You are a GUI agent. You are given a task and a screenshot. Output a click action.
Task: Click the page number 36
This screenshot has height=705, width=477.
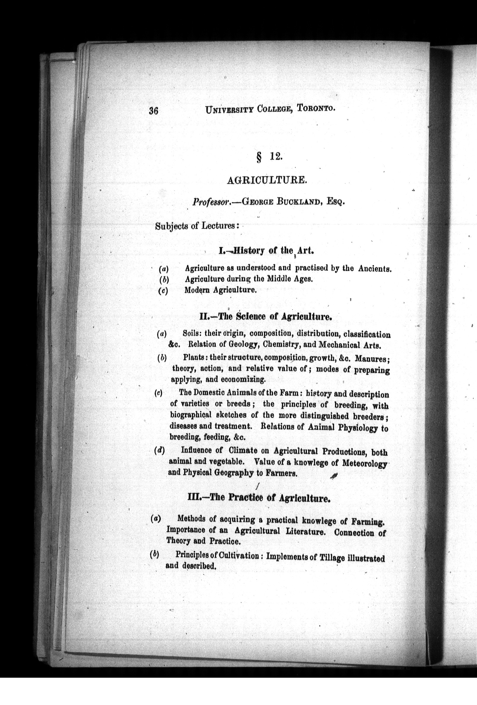pyautogui.click(x=153, y=111)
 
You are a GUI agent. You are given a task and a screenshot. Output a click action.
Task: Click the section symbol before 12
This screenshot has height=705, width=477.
pyautogui.click(x=259, y=158)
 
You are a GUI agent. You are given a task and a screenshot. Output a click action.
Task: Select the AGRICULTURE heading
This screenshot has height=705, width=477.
pyautogui.click(x=267, y=180)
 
